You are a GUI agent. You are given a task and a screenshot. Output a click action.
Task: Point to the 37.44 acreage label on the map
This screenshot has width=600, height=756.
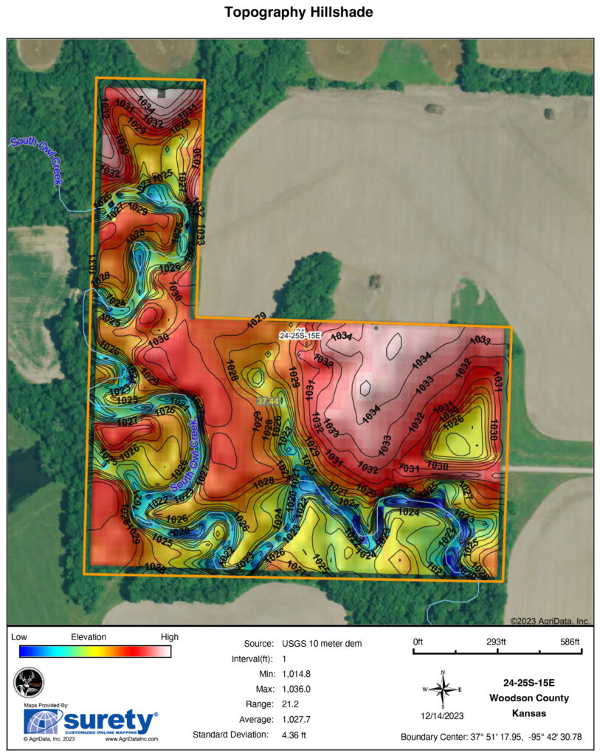[x=269, y=400]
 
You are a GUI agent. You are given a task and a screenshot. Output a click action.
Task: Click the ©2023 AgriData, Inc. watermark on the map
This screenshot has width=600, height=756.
[x=550, y=621]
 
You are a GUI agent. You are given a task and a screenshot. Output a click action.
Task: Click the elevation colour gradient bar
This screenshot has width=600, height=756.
[x=95, y=651]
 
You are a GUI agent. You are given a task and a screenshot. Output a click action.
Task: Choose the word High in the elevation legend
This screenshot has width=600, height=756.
[x=169, y=637]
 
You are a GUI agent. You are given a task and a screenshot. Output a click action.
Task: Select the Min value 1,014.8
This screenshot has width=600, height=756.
[x=296, y=674]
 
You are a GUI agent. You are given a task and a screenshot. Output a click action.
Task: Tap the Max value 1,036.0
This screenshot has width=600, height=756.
[x=296, y=689]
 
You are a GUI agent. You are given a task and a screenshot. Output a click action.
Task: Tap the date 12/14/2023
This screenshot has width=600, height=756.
[x=442, y=715]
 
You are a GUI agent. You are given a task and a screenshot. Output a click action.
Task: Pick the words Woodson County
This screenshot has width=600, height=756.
[x=529, y=698]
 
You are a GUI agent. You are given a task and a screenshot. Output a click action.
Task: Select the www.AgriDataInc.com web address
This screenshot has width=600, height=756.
[x=131, y=738]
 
